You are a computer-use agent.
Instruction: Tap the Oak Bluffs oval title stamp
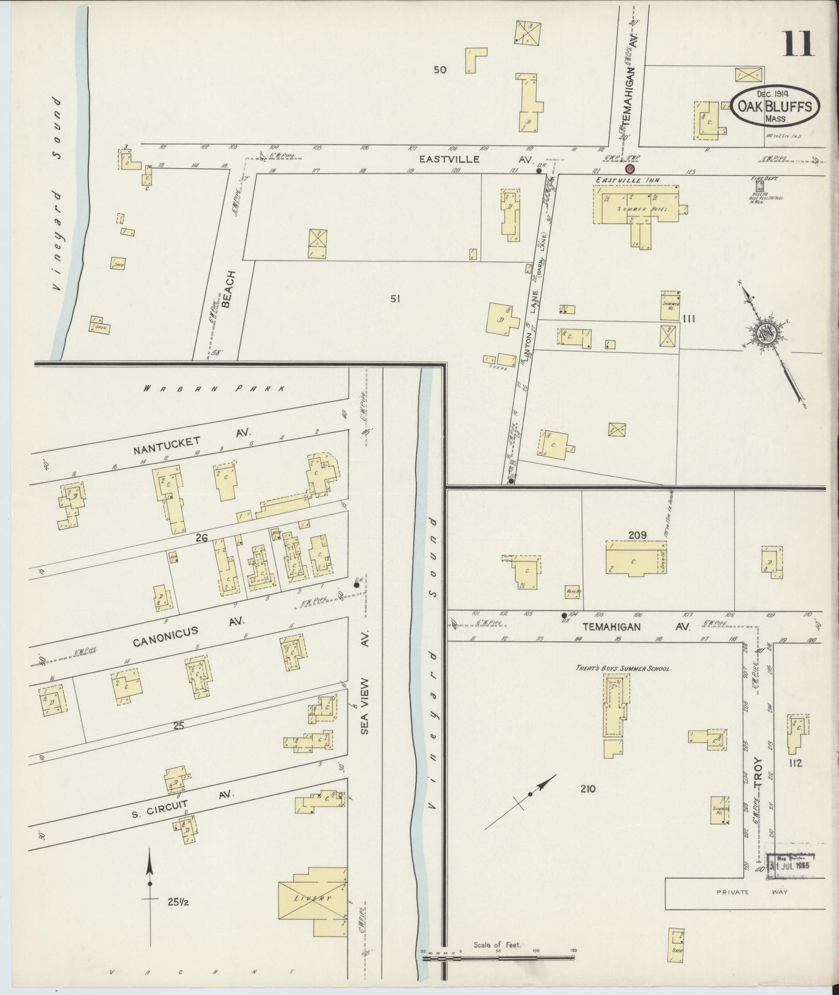point(775,106)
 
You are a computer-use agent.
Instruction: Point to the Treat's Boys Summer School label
point(631,668)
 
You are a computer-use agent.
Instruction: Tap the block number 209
point(636,535)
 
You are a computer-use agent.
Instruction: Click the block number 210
point(588,788)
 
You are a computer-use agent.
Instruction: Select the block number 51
point(395,299)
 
